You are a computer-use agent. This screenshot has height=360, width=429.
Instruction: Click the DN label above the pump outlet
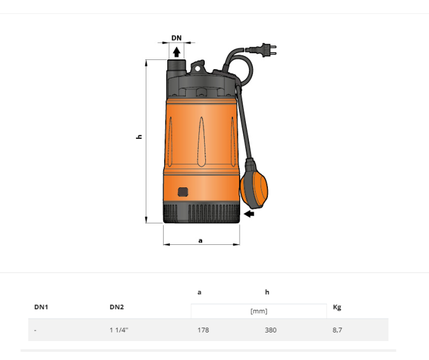coord(177,38)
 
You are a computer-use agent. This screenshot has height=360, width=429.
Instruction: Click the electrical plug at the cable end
coord(266,48)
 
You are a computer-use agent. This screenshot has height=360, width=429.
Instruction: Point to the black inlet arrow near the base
coord(249,214)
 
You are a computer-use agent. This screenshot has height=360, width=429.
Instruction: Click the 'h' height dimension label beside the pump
coord(140,137)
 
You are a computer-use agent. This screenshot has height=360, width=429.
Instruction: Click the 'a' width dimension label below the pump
coord(200,241)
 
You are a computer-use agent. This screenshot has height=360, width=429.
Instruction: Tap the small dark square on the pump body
coord(183,192)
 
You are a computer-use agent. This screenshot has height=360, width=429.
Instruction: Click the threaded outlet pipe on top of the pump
coord(177,66)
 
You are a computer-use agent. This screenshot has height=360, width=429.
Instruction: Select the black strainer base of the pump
coord(201,213)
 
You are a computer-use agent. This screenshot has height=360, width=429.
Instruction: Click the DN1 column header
coord(41,307)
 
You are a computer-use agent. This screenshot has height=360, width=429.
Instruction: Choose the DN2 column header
coord(117,307)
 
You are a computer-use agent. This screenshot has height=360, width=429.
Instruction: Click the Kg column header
coord(337,307)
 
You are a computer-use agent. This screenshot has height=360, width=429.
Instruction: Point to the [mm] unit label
coord(259,311)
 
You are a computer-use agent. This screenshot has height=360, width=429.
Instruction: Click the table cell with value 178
coord(203,330)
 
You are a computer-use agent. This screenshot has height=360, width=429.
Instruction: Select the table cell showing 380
coord(270,330)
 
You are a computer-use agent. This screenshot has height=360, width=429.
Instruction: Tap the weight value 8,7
coord(337,330)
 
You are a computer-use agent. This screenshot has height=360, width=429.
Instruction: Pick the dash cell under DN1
coord(35,330)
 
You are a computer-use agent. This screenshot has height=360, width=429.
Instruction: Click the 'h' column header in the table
coord(267,292)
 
